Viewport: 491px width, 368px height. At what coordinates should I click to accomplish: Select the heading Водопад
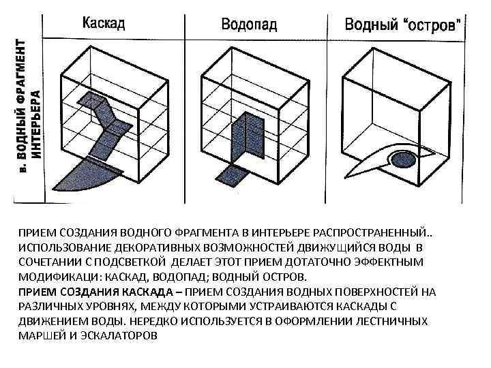249,25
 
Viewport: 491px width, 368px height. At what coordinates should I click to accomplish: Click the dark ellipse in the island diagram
402,160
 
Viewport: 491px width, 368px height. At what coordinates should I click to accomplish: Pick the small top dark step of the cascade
89,100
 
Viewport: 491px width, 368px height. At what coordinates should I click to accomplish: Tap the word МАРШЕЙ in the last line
40,336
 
